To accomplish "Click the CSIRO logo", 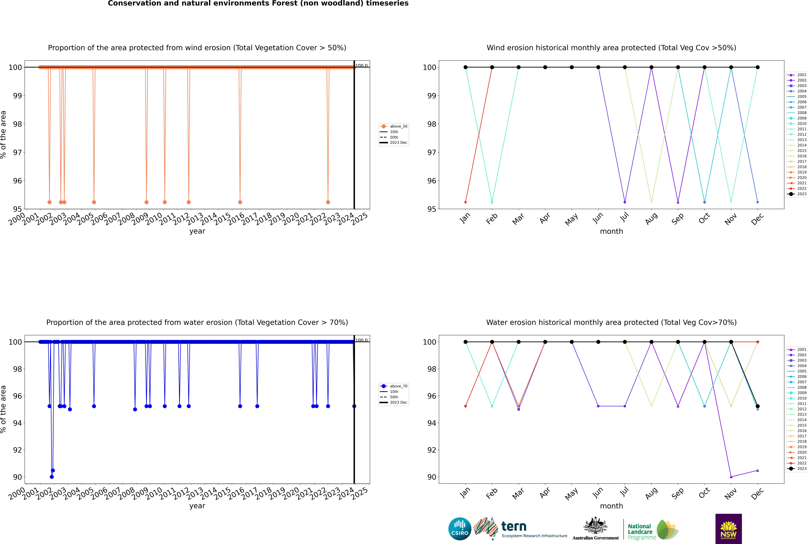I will point(460,529).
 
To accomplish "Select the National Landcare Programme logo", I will point(652,530).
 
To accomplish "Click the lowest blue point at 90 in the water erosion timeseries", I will point(52,477).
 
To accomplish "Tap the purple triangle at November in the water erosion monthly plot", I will point(731,477).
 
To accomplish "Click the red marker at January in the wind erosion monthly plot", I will point(466,202).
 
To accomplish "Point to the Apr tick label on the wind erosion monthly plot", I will point(545,218).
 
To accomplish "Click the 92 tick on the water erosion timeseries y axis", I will point(17,450).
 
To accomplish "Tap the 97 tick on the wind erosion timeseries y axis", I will point(17,152).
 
